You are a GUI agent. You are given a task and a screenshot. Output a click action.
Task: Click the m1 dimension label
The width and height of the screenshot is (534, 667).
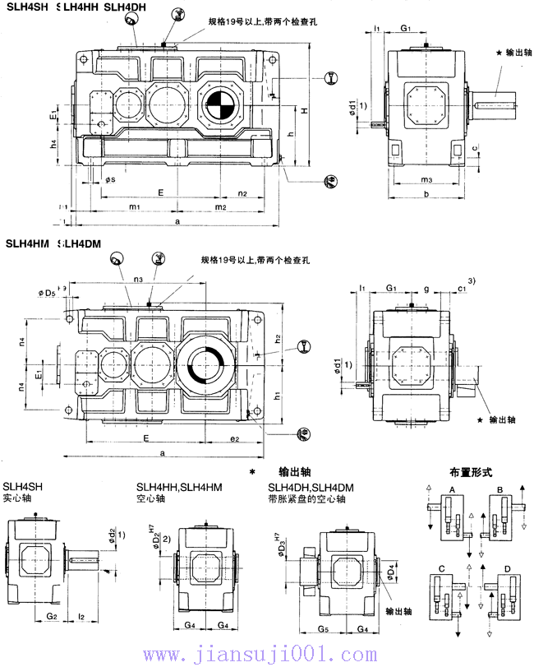tap(136, 206)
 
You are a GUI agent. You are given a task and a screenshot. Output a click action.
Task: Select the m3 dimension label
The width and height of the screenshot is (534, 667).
tap(425, 178)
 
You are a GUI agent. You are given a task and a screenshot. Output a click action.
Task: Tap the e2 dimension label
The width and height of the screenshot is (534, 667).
tap(234, 438)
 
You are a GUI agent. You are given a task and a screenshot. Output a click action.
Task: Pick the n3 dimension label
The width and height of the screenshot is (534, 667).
tap(138, 280)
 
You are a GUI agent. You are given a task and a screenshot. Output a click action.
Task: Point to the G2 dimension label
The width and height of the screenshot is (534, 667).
tap(51, 614)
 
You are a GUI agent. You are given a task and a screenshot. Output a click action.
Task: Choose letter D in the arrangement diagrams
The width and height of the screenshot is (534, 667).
tap(506, 568)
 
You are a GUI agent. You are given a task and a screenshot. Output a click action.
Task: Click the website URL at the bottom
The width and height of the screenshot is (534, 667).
tap(266, 655)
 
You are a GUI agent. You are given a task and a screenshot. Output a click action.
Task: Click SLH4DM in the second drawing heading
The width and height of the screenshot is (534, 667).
tap(81, 243)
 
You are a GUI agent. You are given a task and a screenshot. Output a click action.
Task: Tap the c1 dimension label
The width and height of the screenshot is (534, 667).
tap(462, 288)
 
